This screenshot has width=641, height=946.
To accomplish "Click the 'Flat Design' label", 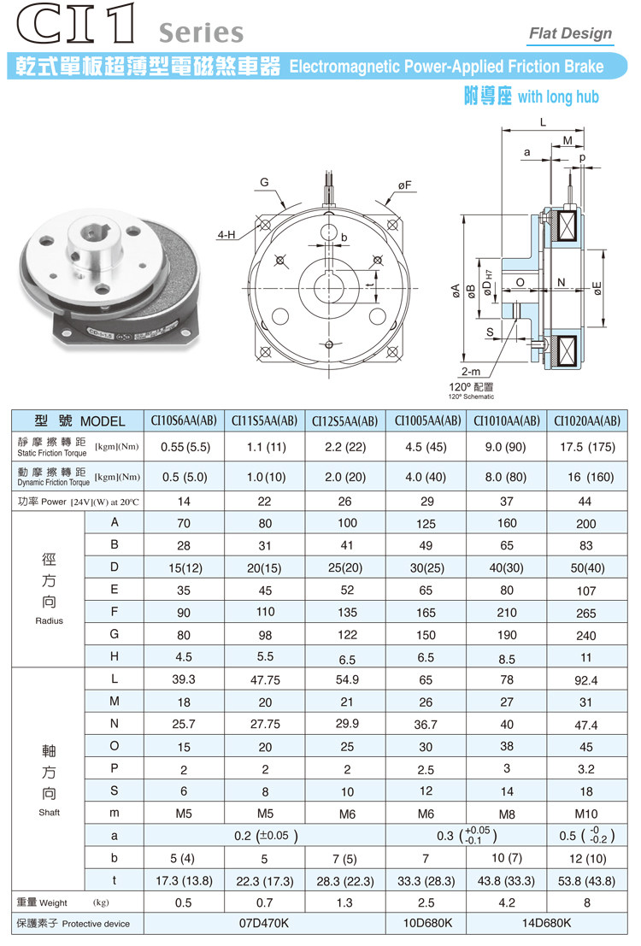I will tap(570, 33).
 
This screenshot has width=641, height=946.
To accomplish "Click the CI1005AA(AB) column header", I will tap(427, 421).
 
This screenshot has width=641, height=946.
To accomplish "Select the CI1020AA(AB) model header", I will tap(585, 421).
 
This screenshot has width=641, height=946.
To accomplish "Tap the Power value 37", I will tap(507, 501).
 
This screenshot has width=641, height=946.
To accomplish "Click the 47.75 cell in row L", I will tap(265, 679).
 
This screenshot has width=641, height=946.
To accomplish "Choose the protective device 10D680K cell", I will tap(427, 923).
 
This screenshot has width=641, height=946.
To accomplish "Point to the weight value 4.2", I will tap(507, 902).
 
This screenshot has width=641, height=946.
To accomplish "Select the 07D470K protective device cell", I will tap(265, 923).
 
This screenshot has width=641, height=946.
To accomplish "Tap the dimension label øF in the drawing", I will tap(404, 185).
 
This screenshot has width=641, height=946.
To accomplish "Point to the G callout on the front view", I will tap(265, 183).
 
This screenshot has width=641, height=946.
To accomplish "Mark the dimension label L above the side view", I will tap(543, 122).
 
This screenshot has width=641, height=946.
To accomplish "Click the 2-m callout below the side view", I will tap(469, 373).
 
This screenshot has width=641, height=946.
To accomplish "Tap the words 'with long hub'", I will tap(558, 97).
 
